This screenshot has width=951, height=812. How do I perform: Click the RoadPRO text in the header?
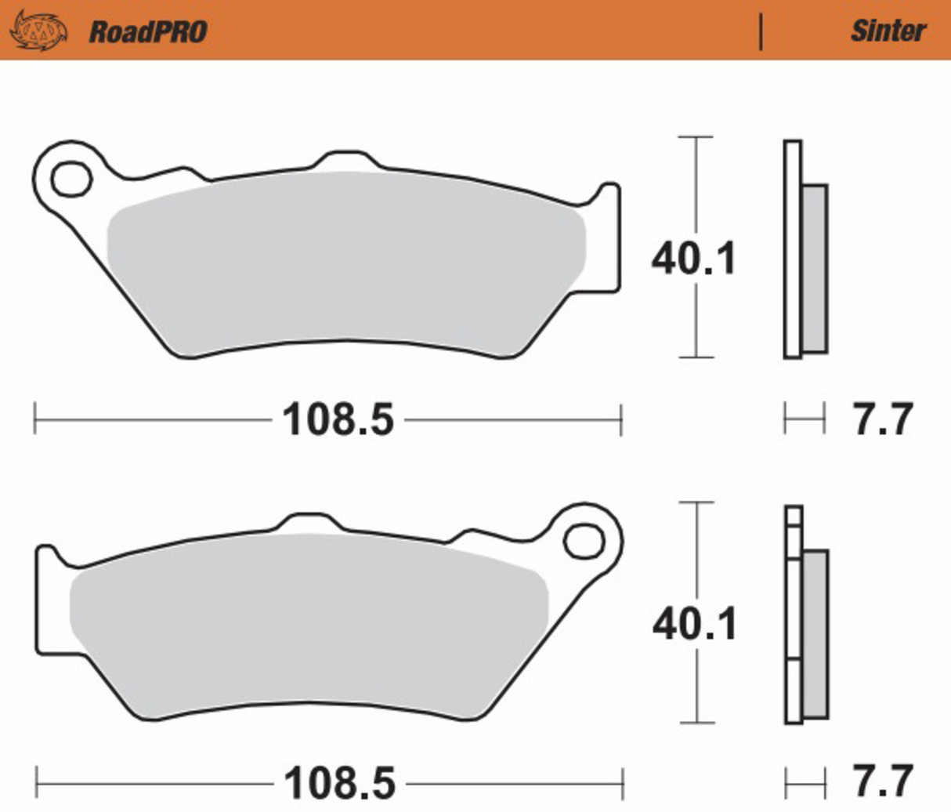[147, 31]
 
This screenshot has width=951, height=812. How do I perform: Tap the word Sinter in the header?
[888, 31]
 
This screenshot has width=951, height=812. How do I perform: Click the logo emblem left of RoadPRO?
[38, 31]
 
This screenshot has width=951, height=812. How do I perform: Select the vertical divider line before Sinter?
[761, 31]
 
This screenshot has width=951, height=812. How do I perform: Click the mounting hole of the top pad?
[71, 179]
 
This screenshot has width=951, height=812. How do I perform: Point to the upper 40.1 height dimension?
[694, 259]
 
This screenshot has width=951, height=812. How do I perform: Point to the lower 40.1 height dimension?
[695, 625]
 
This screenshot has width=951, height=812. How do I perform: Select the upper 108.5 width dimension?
[338, 419]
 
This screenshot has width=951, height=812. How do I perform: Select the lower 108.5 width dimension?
[339, 783]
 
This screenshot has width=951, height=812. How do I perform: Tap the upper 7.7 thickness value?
[883, 419]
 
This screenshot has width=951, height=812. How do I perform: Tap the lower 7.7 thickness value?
[883, 781]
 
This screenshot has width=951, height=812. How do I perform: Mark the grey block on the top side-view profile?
[815, 269]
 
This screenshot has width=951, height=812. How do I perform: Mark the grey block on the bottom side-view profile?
[815, 633]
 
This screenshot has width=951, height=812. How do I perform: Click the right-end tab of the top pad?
[606, 235]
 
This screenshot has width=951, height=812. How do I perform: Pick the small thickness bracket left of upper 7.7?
[804, 419]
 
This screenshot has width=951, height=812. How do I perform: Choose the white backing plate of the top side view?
[793, 249]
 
